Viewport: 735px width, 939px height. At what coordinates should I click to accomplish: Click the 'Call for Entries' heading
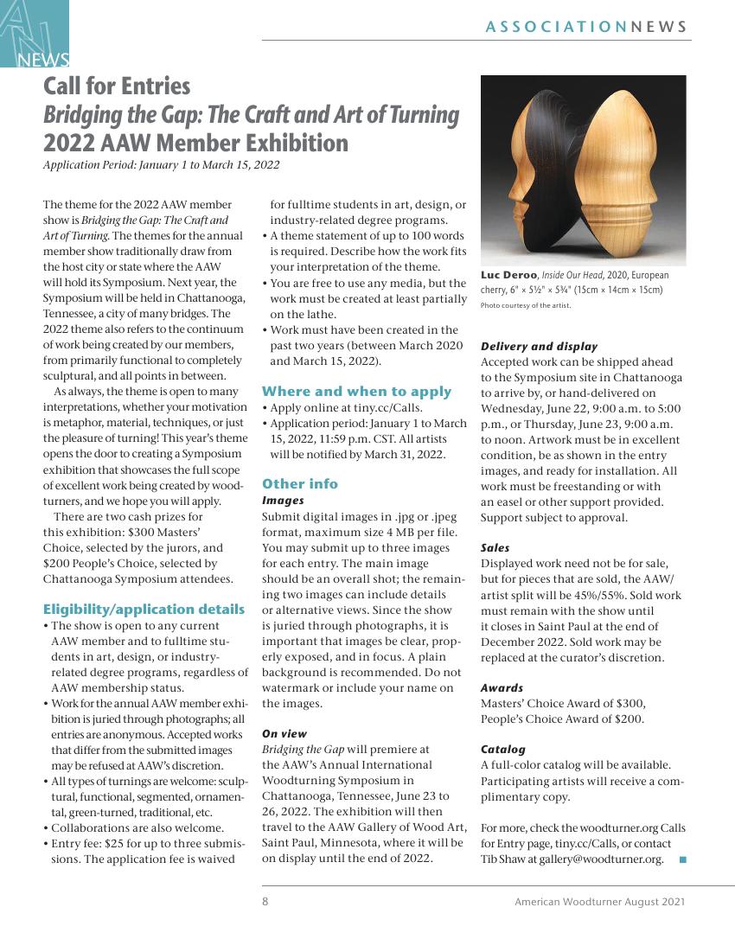(x=117, y=86)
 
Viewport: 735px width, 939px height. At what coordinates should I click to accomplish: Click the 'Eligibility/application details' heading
(x=144, y=609)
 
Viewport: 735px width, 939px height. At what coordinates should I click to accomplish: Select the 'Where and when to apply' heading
(x=356, y=391)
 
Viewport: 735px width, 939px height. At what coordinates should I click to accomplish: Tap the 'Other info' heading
(x=299, y=483)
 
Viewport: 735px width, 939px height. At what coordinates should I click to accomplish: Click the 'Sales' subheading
(x=495, y=547)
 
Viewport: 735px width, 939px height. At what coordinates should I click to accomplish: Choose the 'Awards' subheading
(x=502, y=687)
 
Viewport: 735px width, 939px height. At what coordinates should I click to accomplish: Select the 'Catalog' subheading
(x=502, y=749)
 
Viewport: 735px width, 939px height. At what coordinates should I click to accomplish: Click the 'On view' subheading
(x=284, y=733)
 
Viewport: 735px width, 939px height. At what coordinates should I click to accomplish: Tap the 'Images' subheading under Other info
(x=283, y=500)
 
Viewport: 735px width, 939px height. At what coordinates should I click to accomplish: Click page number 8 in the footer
(x=265, y=902)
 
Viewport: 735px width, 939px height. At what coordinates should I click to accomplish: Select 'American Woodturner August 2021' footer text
(x=599, y=902)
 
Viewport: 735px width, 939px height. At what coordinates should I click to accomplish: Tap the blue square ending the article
(x=682, y=859)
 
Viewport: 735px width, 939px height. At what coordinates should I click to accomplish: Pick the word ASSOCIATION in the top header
(x=556, y=27)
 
